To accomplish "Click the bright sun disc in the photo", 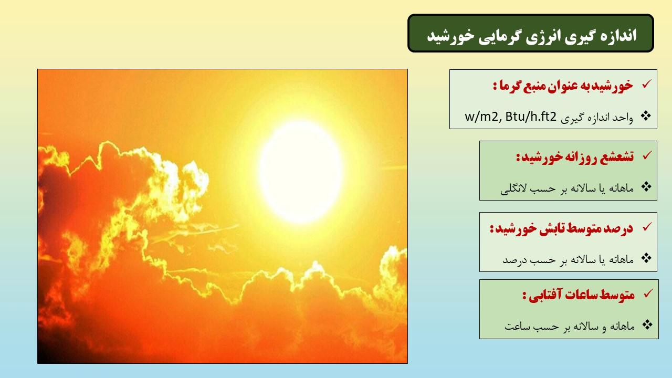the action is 301,172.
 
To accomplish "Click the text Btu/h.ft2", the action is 531,116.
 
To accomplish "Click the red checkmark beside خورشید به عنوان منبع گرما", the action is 646,84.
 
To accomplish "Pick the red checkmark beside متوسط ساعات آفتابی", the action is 648,293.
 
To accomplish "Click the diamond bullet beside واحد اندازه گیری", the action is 646,116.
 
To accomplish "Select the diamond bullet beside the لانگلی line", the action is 646,187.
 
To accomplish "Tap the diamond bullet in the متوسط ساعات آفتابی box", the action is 647,324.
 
